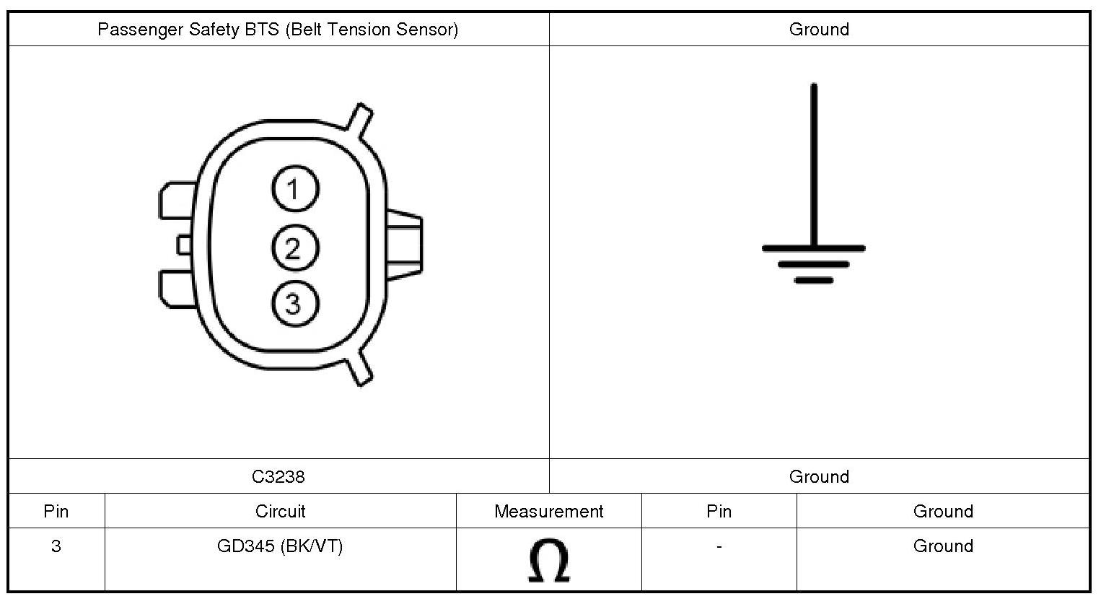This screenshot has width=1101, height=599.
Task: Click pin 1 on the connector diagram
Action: pos(295,189)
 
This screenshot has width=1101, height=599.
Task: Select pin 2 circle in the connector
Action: pos(295,248)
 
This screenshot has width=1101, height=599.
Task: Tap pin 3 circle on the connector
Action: pos(295,303)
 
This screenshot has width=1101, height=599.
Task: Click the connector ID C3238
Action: pos(278,476)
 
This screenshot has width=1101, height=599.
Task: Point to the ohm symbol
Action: pos(549,560)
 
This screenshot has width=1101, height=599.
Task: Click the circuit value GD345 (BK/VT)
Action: pos(280,546)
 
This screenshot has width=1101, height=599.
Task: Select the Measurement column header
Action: pos(548,512)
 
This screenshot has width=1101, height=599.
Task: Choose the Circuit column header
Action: pos(280,512)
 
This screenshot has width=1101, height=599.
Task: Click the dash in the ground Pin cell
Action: pos(719,546)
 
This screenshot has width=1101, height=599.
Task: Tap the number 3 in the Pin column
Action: pos(56,546)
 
